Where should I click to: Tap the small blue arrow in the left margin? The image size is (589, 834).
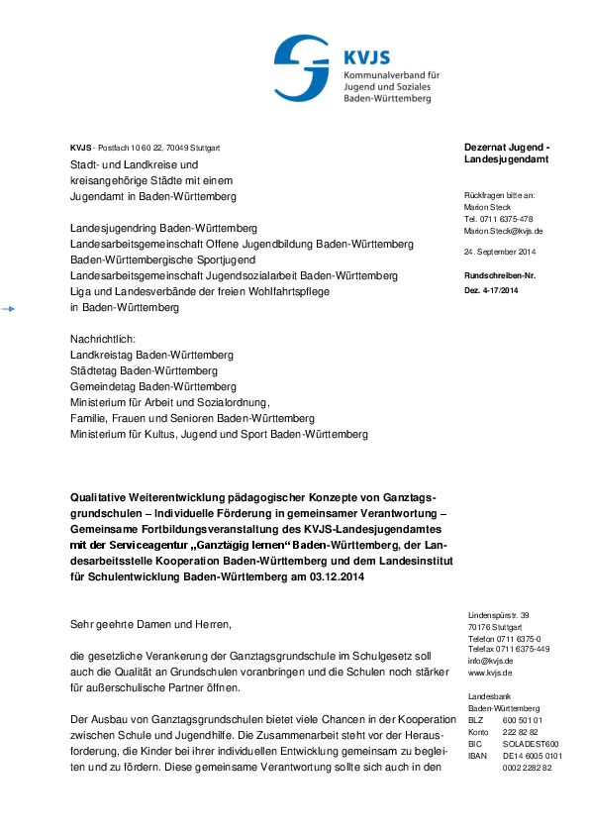tap(8, 310)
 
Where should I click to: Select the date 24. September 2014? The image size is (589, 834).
tap(499, 252)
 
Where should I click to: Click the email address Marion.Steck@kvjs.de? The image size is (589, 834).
tap(503, 231)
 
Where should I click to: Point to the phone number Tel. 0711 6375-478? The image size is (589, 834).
tap(499, 219)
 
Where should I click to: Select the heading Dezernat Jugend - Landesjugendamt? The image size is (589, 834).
tap(507, 153)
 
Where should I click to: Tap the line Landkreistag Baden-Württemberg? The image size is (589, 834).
tap(151, 355)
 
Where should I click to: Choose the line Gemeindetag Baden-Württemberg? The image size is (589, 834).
tap(151, 386)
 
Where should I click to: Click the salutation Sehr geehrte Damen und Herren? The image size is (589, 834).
tap(150, 625)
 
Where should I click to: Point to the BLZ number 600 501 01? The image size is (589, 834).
tap(523, 720)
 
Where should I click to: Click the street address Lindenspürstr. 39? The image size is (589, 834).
tap(499, 615)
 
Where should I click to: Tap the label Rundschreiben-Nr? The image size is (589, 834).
tap(500, 274)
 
